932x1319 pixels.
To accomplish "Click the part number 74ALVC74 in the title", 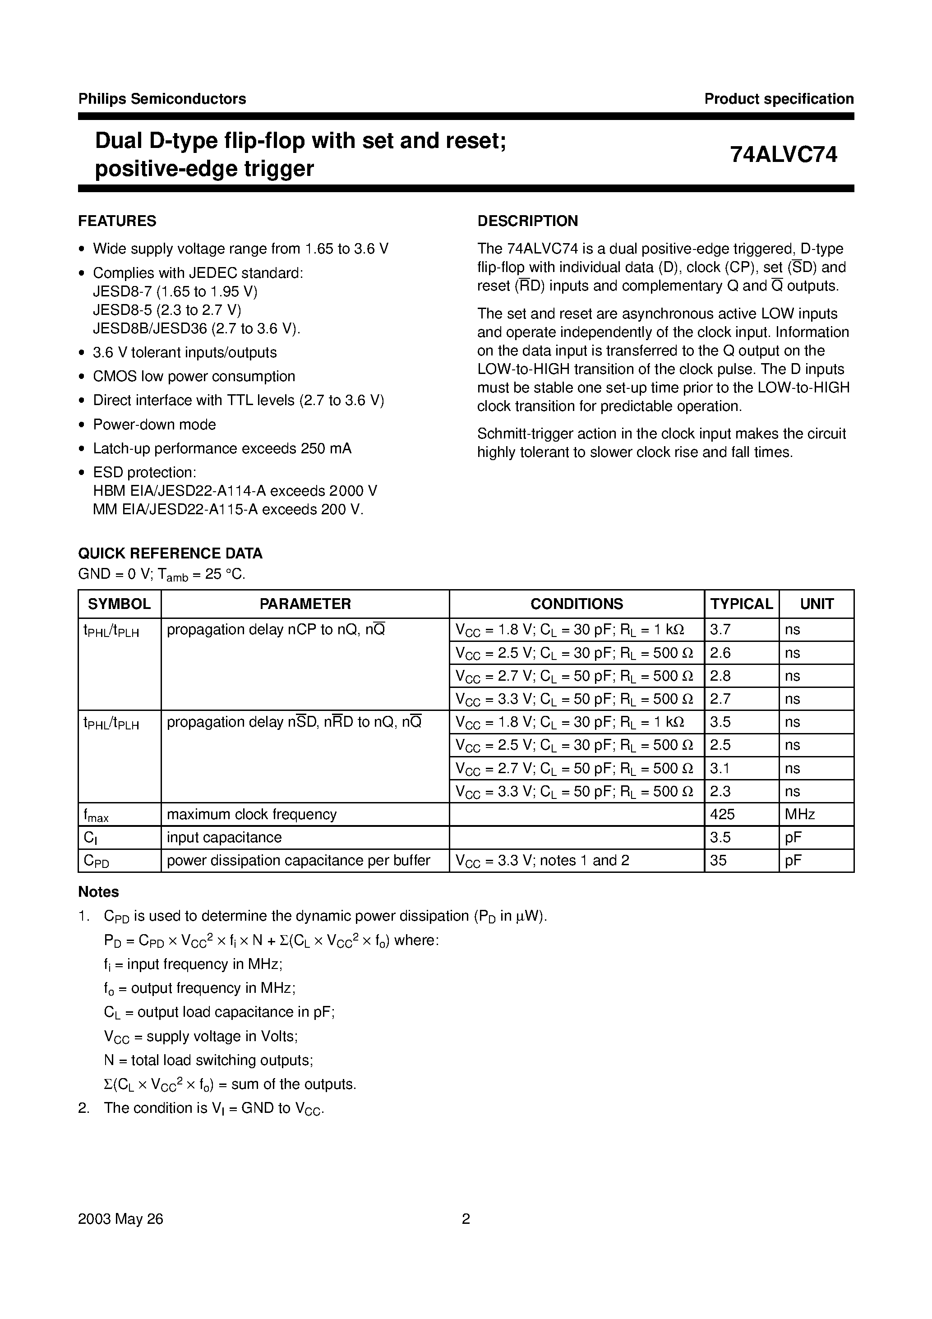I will click(783, 155).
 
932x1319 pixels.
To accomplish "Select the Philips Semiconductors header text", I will click(162, 99).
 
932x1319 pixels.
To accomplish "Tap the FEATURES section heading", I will click(117, 221).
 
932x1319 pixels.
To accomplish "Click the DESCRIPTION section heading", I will click(527, 221).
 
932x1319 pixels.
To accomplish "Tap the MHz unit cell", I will click(800, 814).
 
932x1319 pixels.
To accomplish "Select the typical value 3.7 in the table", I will click(720, 630).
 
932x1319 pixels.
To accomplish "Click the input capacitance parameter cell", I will click(224, 837).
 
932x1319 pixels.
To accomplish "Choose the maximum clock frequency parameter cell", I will click(252, 814).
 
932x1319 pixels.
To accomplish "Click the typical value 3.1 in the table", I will click(720, 768).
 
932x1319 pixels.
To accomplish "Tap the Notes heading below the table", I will click(98, 892).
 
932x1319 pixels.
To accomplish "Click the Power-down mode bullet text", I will click(155, 424).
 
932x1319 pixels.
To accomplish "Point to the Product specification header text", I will click(779, 99).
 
